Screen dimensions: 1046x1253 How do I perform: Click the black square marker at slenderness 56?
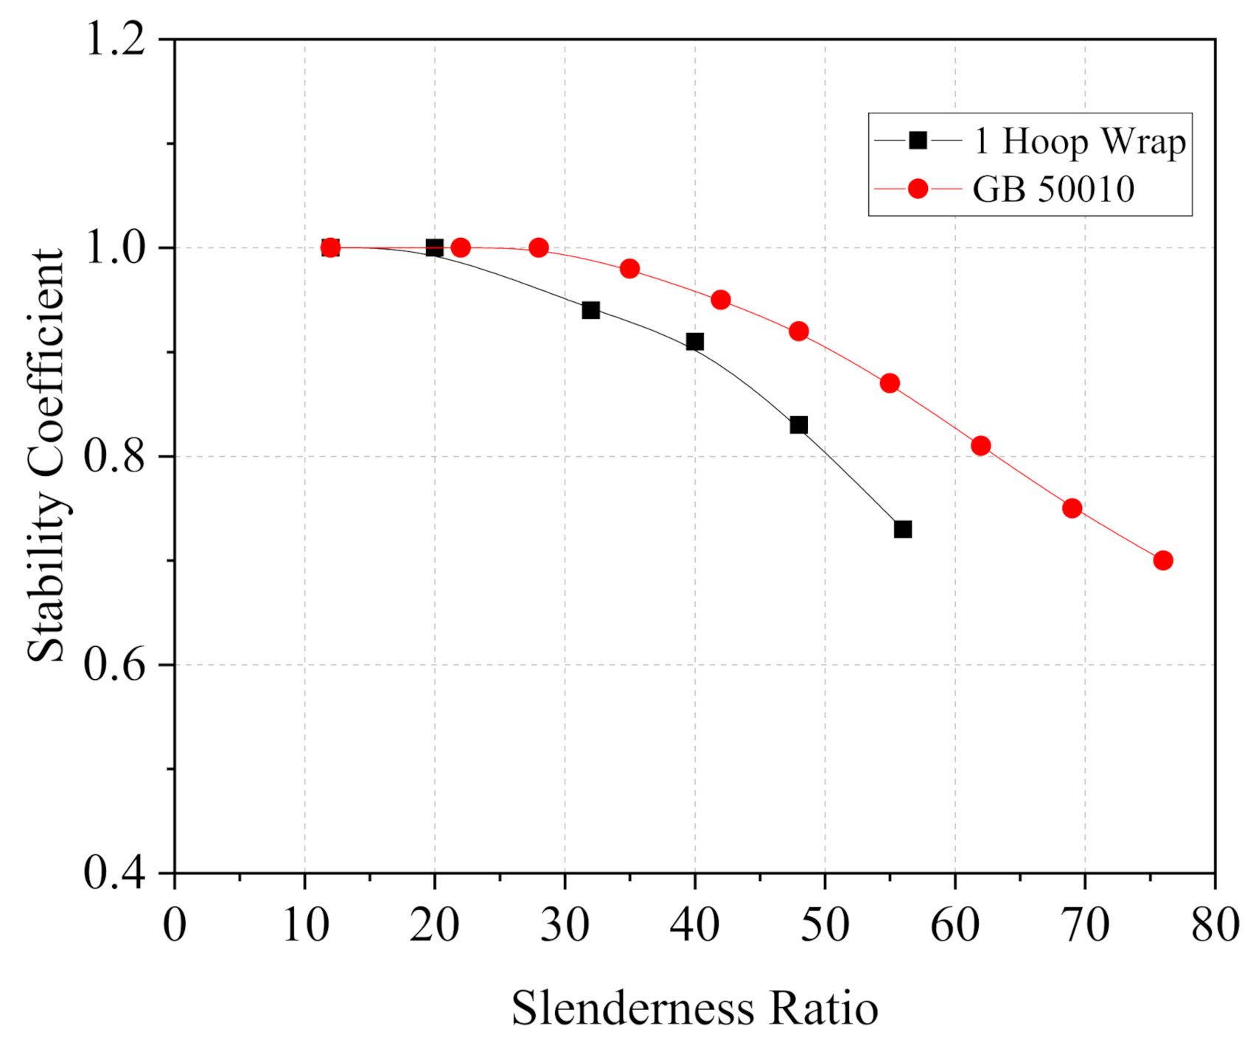(903, 529)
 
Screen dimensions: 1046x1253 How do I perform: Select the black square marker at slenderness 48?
(798, 425)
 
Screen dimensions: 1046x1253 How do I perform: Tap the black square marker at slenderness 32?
(590, 310)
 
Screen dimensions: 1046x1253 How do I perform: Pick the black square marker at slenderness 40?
(694, 342)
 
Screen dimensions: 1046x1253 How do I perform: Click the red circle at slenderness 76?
(1163, 561)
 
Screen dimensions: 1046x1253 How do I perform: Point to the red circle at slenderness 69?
(1072, 508)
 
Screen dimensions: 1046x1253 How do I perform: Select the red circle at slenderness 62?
(981, 446)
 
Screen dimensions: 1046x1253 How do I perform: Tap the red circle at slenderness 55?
(890, 383)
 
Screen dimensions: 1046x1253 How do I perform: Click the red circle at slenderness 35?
(629, 269)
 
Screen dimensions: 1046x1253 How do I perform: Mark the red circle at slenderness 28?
(539, 248)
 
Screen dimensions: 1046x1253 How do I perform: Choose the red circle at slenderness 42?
(721, 300)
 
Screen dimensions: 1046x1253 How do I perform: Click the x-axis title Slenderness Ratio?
(695, 1008)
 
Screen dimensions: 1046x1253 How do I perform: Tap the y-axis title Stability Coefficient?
(46, 454)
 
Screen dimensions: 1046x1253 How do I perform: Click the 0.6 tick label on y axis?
(115, 664)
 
